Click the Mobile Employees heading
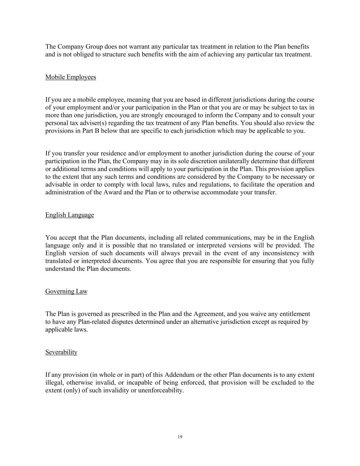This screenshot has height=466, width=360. (x=70, y=77)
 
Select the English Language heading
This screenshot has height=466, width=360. (x=69, y=215)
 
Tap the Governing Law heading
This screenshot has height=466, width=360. (x=66, y=292)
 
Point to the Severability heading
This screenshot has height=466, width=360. (x=61, y=352)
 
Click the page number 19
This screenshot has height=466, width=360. (x=180, y=437)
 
